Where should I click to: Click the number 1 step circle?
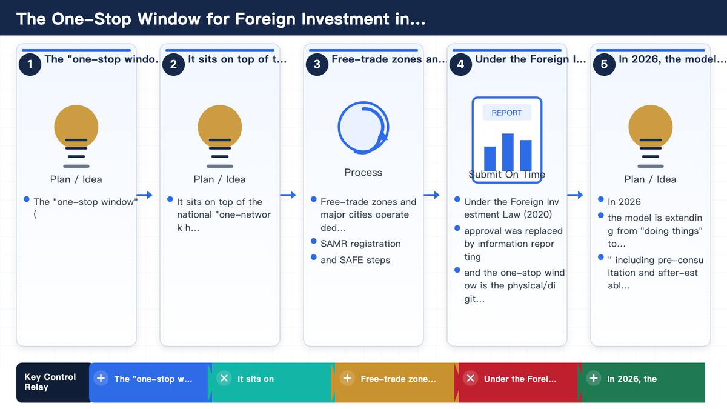coord(30,64)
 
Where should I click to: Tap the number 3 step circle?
coord(317,64)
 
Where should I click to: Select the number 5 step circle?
coord(604,64)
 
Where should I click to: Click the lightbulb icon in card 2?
coord(220,136)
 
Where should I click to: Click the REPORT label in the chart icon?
coord(506,113)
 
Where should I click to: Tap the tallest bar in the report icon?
coord(508,152)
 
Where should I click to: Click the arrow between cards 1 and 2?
coord(144,195)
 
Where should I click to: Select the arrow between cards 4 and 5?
coord(575,195)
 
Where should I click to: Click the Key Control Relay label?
coord(50,382)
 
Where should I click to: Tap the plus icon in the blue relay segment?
coord(101,378)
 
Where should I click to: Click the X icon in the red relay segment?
coord(470,378)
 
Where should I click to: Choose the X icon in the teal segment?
coord(224,378)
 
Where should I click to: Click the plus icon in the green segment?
coord(594,378)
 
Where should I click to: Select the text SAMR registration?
coord(360,244)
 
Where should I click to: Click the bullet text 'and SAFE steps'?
coord(355,260)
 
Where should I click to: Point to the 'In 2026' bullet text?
coord(624,202)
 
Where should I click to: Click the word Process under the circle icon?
coord(363,172)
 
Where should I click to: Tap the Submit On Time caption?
coord(506,175)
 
